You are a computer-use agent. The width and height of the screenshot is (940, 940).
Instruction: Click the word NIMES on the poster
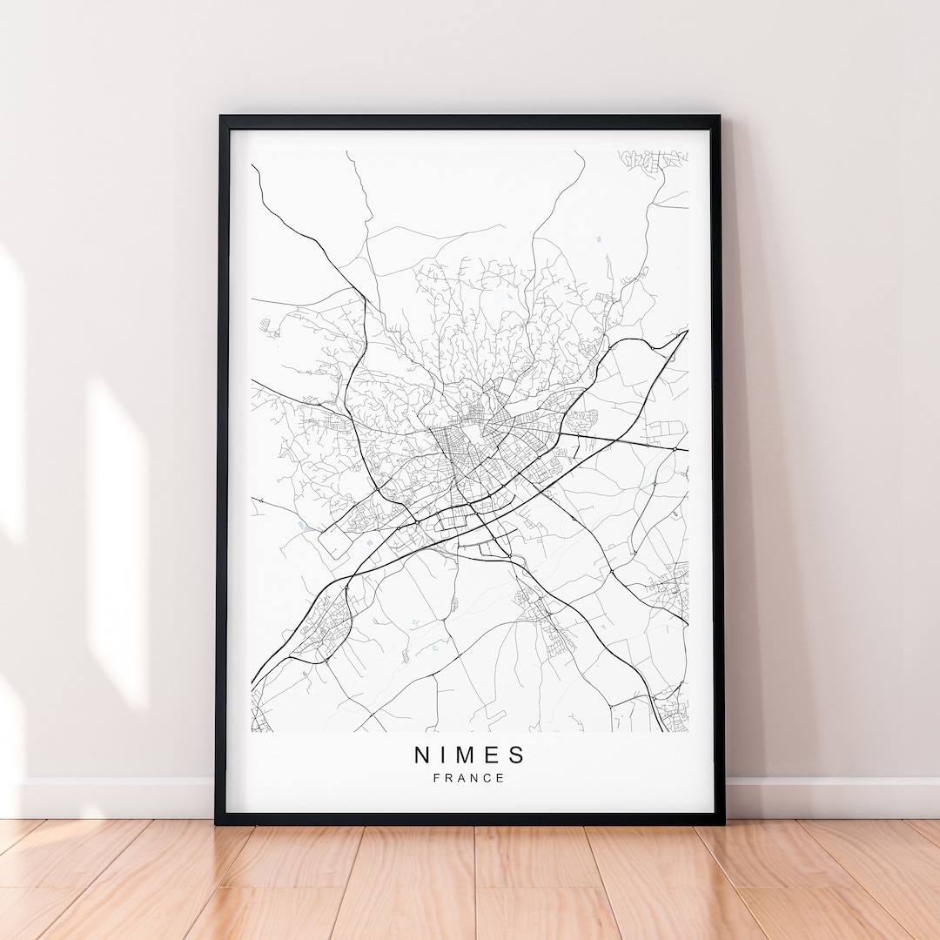pos(470,754)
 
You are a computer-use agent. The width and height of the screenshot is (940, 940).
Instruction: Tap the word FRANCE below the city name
pos(470,778)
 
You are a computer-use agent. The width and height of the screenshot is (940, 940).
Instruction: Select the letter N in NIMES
pos(421,754)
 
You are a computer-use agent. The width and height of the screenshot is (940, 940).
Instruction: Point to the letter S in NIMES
pos(519,754)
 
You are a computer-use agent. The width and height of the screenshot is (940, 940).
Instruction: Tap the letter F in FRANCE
pos(436,778)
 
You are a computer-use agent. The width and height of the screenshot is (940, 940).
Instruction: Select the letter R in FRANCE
pos(448,778)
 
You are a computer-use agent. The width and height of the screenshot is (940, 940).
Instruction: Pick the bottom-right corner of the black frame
pos(722,822)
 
